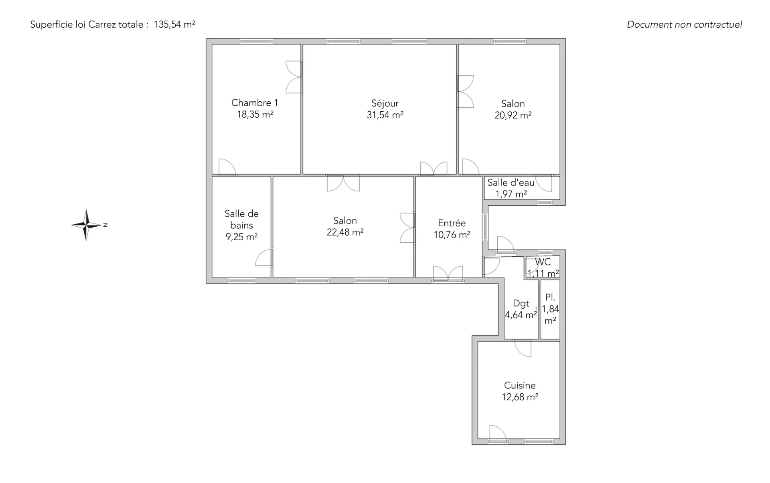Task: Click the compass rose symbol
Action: (87, 225)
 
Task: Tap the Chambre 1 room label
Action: (255, 103)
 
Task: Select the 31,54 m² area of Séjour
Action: (385, 115)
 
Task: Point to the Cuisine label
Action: (520, 385)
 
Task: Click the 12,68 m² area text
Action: (520, 397)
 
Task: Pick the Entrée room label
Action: (452, 223)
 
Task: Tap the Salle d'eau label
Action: (511, 183)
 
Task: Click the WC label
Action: (543, 262)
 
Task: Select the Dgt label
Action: (521, 304)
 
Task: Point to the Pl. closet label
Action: (550, 297)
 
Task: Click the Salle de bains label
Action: (241, 219)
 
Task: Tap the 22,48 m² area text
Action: (345, 232)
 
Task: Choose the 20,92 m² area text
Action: (513, 115)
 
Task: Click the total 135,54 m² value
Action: (174, 24)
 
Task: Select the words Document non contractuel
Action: (685, 24)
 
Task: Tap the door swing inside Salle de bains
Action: (263, 258)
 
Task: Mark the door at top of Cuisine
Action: (523, 348)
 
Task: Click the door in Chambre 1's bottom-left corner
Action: (227, 167)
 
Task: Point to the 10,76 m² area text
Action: (452, 235)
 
